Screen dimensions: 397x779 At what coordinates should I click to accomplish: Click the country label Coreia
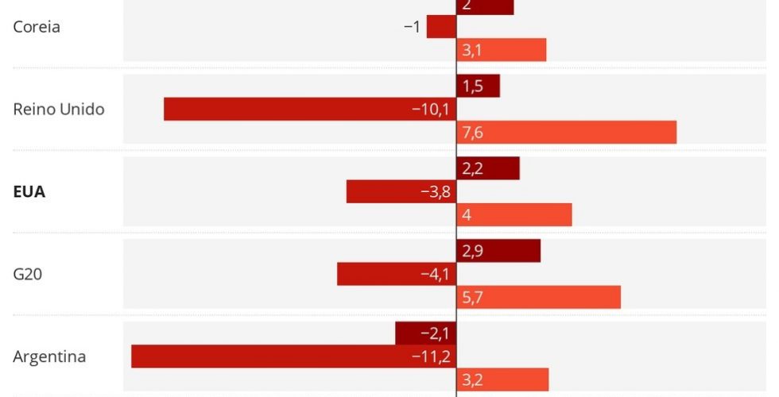click(37, 27)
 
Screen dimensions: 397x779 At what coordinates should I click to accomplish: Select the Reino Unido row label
click(59, 110)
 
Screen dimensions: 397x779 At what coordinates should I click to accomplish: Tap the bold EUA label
click(29, 192)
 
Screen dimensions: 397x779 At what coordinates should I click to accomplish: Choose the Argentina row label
click(49, 357)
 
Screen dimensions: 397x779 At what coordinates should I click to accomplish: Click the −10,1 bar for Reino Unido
click(310, 110)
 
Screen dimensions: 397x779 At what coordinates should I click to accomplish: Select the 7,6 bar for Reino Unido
click(566, 133)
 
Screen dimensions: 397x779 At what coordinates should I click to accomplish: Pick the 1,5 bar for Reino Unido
click(478, 87)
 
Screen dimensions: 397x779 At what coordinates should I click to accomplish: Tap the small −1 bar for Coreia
click(441, 27)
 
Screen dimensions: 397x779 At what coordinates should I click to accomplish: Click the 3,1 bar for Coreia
click(501, 50)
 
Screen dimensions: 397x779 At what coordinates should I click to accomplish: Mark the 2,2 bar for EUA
click(488, 168)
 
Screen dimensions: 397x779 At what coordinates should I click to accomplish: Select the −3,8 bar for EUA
click(401, 191)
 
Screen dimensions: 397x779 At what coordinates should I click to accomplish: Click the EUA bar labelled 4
click(514, 214)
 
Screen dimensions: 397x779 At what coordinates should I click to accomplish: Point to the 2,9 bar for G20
click(498, 251)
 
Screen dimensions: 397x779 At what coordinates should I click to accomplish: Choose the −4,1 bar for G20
click(397, 274)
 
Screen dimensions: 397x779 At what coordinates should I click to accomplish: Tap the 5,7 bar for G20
click(538, 297)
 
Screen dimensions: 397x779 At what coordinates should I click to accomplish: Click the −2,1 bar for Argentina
click(425, 333)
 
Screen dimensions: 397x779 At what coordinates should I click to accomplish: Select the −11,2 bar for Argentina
click(293, 357)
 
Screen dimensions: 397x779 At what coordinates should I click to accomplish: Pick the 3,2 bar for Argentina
click(502, 380)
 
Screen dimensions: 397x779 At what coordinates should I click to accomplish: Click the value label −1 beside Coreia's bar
click(412, 27)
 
